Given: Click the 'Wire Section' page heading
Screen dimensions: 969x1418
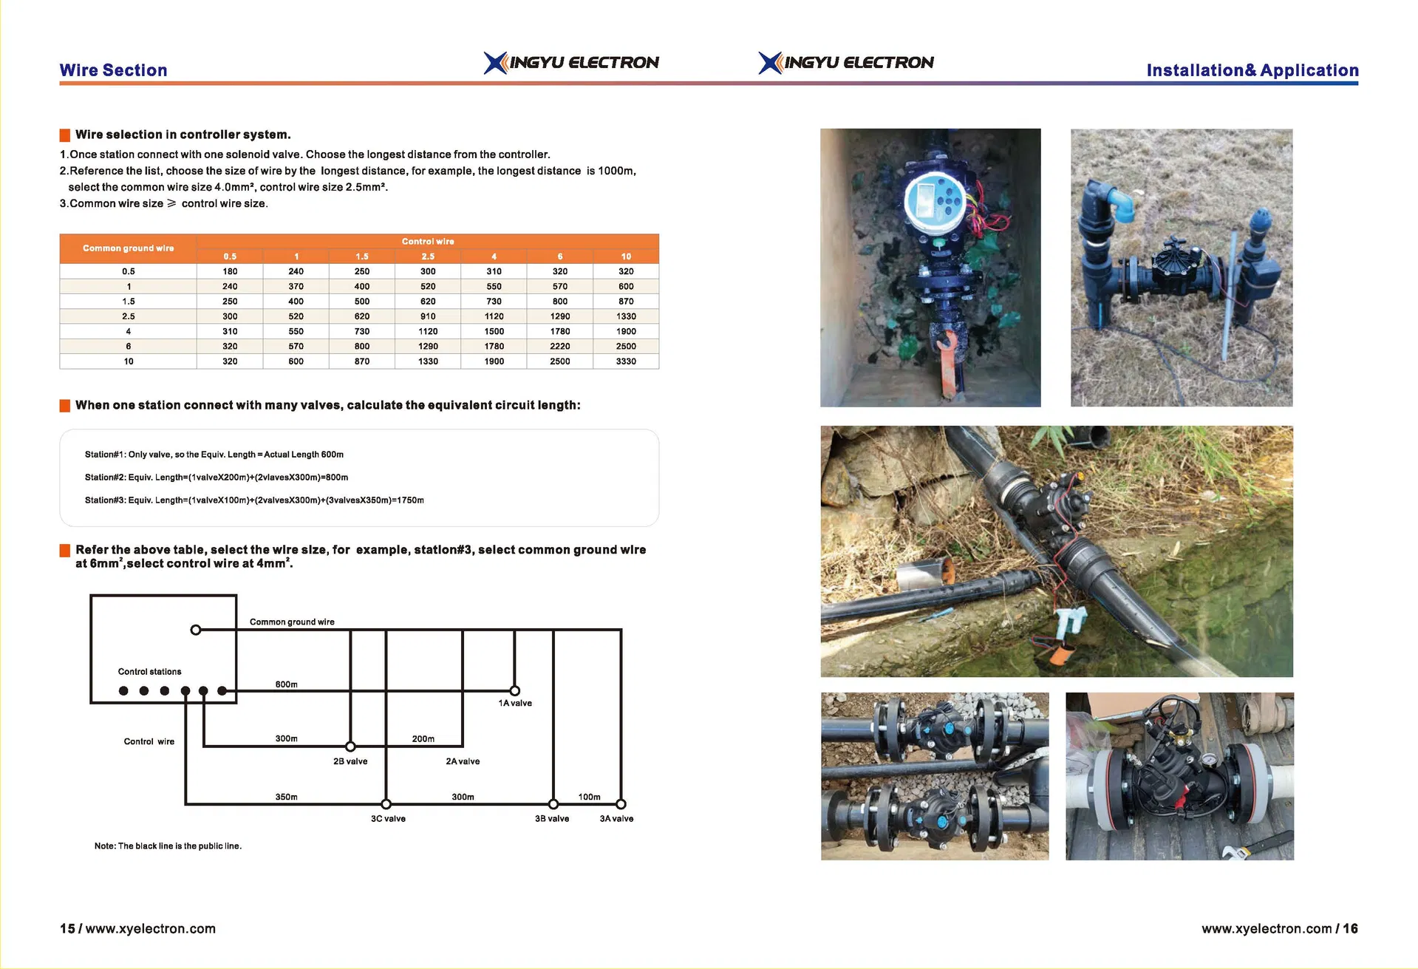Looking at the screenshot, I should point(113,70).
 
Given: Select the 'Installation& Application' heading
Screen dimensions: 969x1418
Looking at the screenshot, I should point(1252,70).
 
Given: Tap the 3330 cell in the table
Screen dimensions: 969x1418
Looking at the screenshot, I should point(625,361).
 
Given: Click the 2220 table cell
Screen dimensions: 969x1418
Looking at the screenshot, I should point(559,346).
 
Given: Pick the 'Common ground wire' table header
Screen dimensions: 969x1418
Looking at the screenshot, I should point(128,248).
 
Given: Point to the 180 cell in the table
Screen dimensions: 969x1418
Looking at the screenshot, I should point(230,271).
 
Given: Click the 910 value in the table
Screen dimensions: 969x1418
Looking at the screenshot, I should point(428,316).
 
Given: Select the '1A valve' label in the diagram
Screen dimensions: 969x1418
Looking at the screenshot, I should point(514,703).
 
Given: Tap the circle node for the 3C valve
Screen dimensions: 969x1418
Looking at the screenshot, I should point(386,804).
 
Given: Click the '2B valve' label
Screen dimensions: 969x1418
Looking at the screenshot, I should point(350,761).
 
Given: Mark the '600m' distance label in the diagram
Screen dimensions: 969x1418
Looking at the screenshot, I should point(286,684).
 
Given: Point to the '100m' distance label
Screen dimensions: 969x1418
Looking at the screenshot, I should point(589,797).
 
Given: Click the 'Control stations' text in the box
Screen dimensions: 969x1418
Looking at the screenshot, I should point(149,672).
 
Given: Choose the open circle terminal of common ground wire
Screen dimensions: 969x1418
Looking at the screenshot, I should point(195,630).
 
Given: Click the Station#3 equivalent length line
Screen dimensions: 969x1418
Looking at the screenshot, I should point(254,500).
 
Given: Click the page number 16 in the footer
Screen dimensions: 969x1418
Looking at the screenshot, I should point(1350,928).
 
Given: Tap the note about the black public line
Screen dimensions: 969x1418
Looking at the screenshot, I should point(168,846).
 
